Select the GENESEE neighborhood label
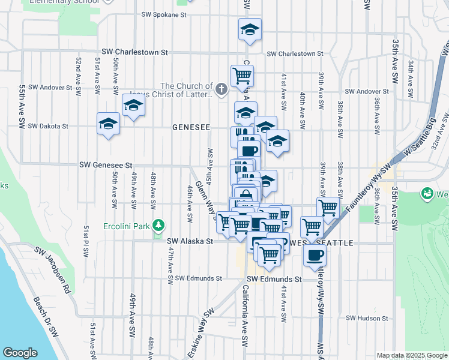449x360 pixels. pos(191,127)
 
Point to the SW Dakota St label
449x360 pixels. pos(48,127)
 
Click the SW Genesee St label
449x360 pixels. pos(105,165)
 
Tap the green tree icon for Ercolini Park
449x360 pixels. pos(158,226)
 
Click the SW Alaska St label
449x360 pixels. pos(190,241)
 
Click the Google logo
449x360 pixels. pos(20,353)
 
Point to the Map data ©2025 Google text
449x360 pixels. pos(411,355)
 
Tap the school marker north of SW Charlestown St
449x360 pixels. pos(250,29)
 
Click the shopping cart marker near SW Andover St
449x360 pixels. pos(242,76)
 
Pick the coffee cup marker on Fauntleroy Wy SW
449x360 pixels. pos(315,256)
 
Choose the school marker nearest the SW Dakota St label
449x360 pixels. pos(108,124)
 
